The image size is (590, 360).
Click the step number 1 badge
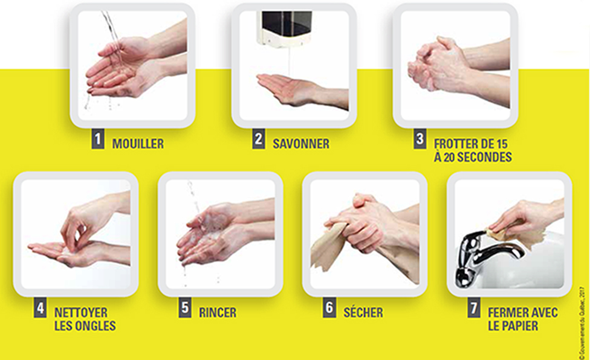tap(98, 139)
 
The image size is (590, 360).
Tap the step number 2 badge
tap(259, 139)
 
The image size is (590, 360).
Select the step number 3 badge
tap(420, 139)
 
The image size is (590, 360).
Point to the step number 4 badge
tap(41, 308)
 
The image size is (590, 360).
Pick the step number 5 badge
tap(185, 308)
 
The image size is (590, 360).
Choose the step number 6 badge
tap(329, 308)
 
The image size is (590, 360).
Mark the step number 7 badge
tap(474, 308)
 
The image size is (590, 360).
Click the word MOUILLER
tap(138, 144)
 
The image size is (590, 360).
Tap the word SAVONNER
tap(301, 144)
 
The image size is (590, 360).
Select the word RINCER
tap(218, 313)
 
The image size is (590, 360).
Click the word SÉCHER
tap(363, 312)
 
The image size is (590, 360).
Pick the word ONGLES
tap(97, 326)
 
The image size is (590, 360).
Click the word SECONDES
tap(484, 157)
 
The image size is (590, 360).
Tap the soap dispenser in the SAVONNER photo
tap(285, 29)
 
